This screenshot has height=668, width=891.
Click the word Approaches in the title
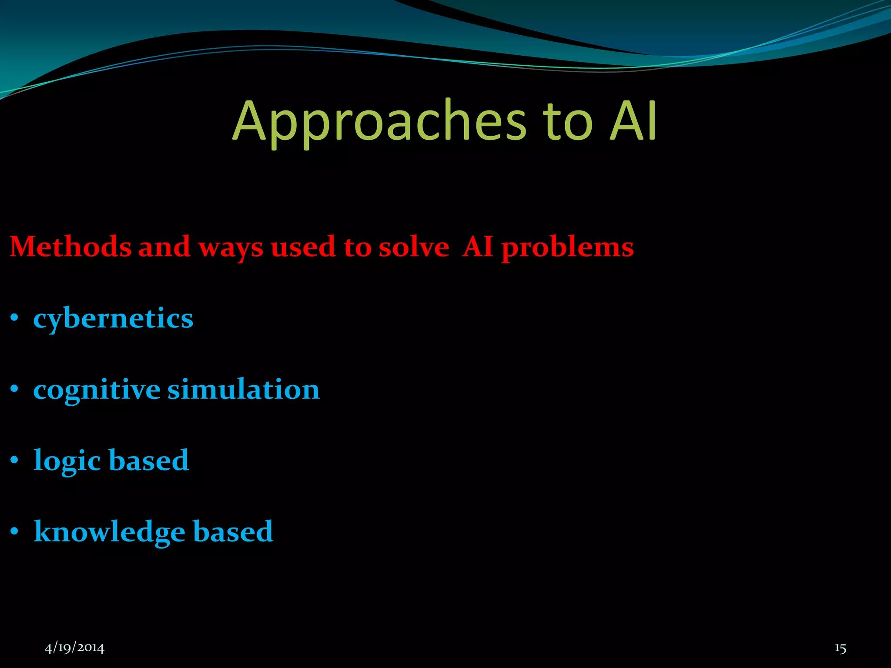[379, 122]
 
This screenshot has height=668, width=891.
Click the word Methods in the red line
[70, 247]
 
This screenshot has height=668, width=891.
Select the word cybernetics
[113, 319]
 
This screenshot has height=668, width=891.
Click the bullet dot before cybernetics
[15, 318]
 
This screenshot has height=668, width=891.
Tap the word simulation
[244, 389]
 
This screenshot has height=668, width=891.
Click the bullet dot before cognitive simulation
[15, 389]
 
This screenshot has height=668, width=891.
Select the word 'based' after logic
[148, 460]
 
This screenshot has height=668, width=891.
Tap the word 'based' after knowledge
[233, 531]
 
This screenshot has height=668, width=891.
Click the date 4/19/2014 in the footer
[75, 648]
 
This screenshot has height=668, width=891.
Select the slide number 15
[840, 648]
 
